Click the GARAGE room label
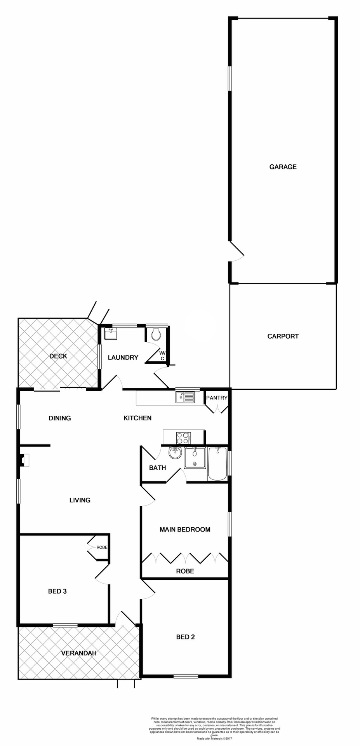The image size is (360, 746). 283,167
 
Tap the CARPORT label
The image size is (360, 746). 283,336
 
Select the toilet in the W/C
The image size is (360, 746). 156,334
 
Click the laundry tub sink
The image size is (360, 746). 111,334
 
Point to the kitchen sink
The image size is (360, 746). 185,397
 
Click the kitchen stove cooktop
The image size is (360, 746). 183,438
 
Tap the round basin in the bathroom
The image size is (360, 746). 175,453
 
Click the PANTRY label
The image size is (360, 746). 216,398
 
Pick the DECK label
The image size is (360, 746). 58,356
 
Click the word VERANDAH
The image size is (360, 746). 78,653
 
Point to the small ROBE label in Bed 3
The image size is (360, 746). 102,547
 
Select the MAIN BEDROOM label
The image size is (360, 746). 185,530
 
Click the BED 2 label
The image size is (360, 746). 185,637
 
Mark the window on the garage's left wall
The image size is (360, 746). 230,78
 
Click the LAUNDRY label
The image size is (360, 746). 123,357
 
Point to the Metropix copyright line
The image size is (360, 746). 215,739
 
